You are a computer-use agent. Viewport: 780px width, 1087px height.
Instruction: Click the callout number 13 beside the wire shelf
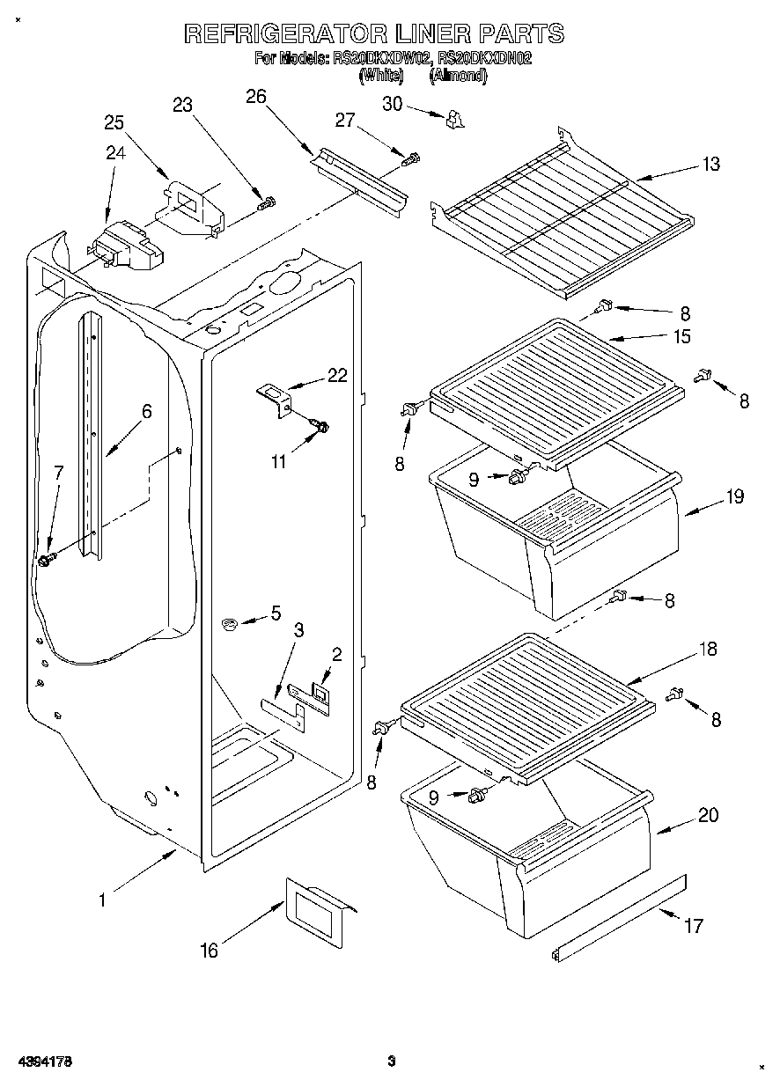[x=710, y=164]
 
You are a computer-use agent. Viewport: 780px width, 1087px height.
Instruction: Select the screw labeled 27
[x=410, y=159]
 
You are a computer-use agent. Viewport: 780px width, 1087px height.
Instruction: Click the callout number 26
[x=255, y=97]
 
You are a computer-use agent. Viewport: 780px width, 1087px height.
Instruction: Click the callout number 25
[x=115, y=122]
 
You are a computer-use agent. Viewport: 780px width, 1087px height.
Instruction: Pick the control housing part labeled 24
[x=126, y=246]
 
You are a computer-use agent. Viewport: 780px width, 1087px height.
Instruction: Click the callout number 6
[x=146, y=411]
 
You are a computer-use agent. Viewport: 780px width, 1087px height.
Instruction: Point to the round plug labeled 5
[x=231, y=625]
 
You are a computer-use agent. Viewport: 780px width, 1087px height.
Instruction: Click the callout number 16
[x=208, y=950]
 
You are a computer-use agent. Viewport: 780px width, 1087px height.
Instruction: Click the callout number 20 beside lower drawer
[x=707, y=815]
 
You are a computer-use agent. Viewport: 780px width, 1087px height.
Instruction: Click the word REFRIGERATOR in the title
[x=285, y=34]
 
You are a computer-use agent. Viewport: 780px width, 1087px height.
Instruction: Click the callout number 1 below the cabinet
[x=102, y=900]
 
